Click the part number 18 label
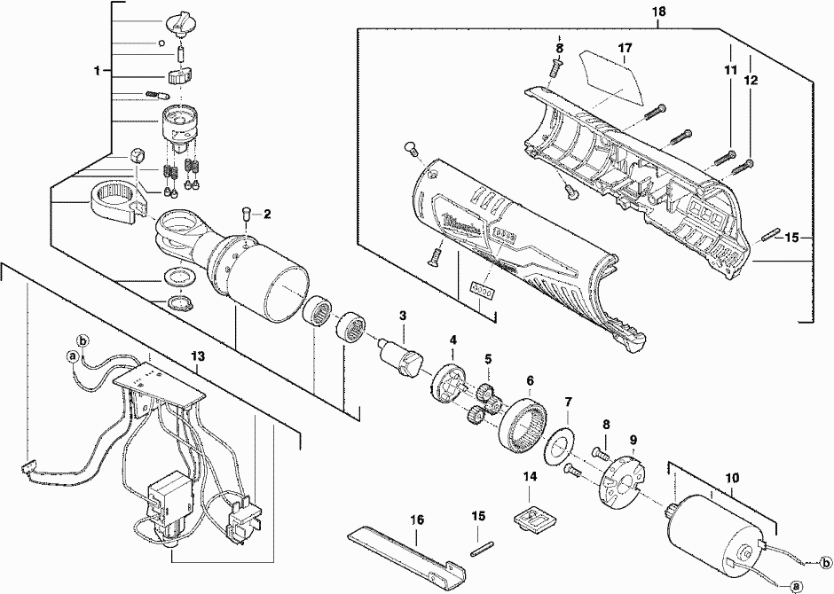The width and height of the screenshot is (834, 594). [657, 13]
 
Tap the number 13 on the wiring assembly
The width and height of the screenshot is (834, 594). [197, 356]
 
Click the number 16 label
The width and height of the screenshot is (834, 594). [415, 519]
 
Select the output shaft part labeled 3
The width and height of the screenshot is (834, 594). [402, 356]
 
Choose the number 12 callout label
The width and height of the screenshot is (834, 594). [751, 79]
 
